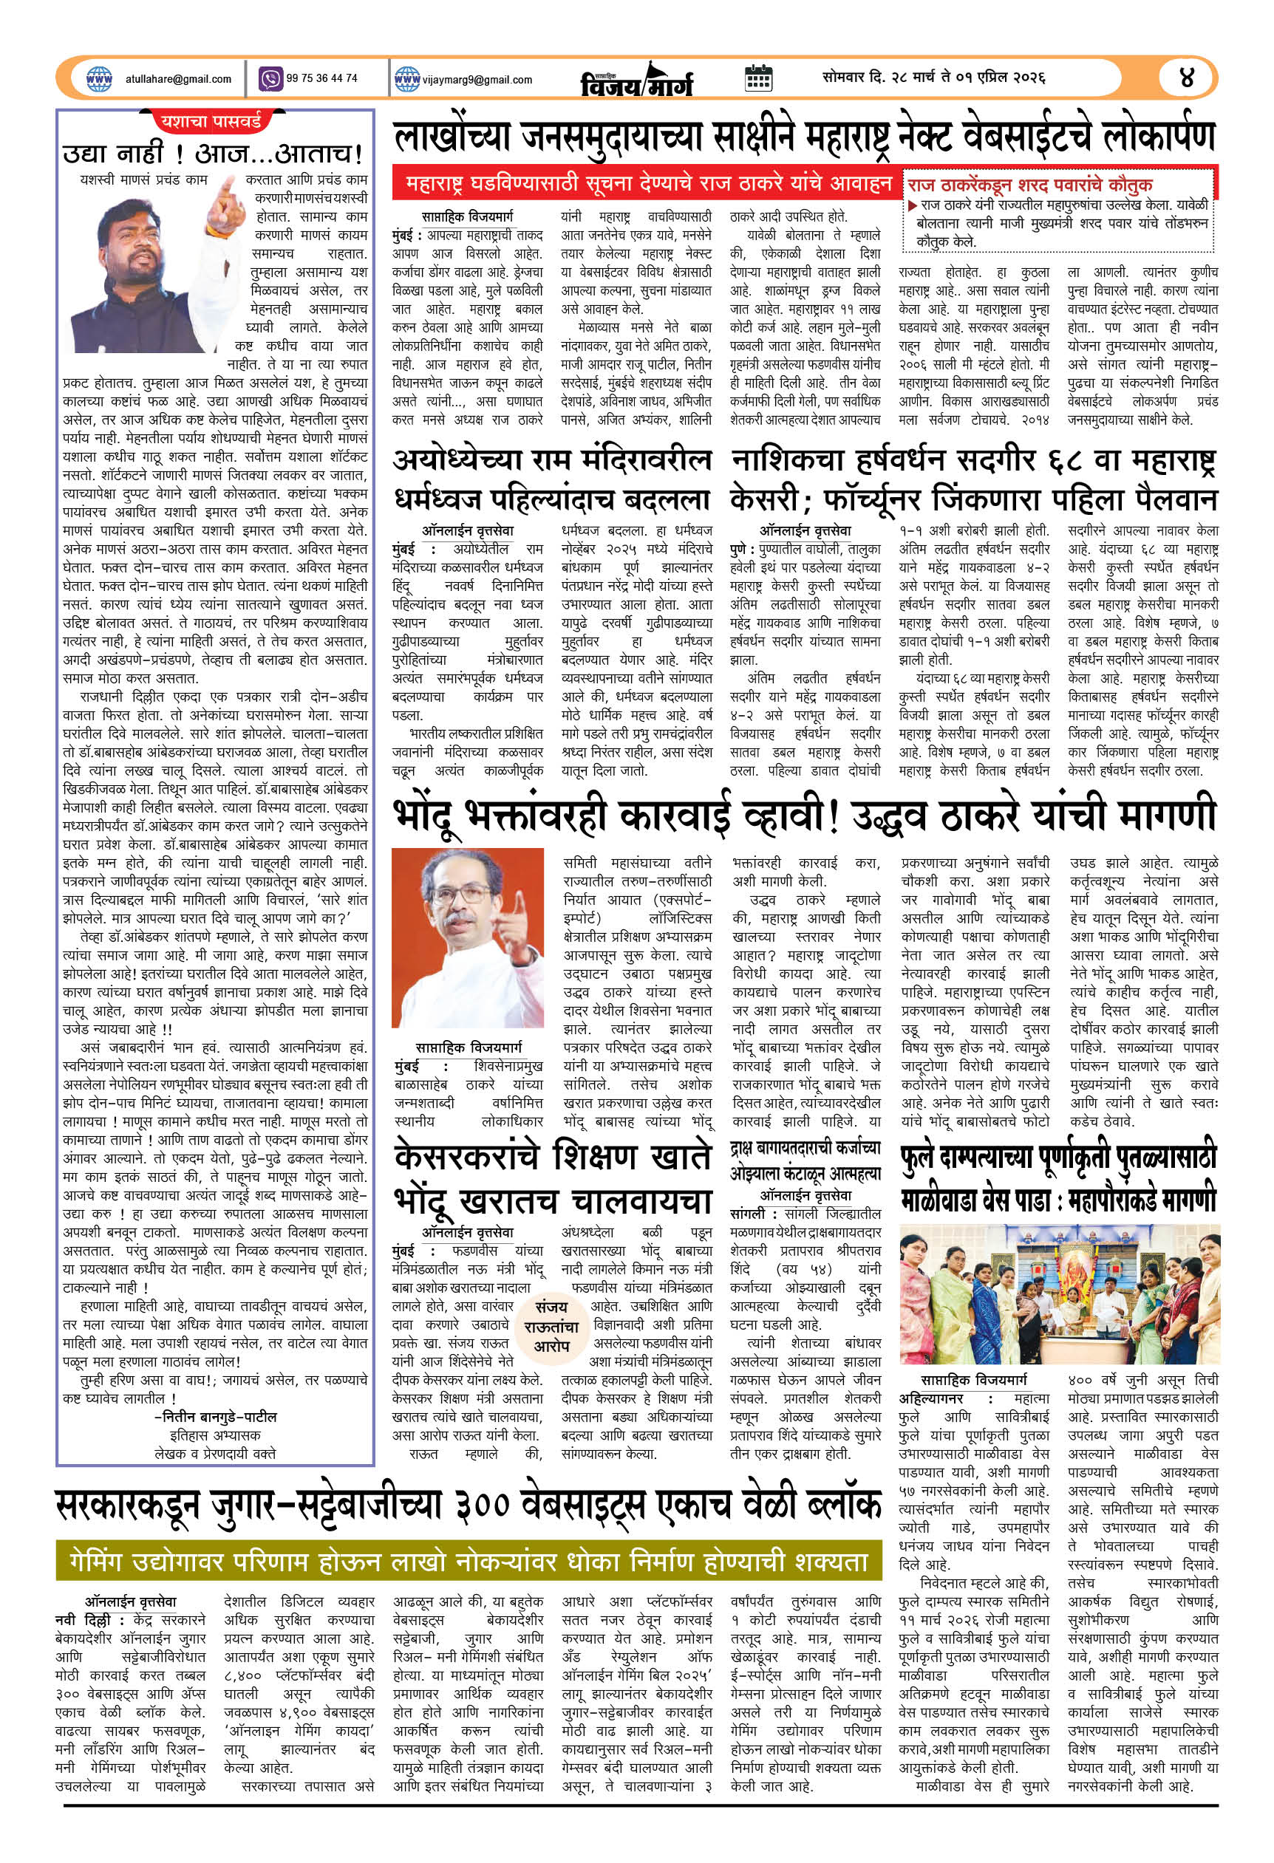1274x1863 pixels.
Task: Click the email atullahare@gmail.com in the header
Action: click(x=178, y=79)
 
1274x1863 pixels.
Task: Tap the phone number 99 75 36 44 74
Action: click(x=321, y=78)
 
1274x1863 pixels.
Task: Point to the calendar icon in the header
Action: click(x=757, y=78)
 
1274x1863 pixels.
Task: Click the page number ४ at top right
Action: click(x=1187, y=78)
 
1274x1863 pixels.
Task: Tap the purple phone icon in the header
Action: click(x=271, y=78)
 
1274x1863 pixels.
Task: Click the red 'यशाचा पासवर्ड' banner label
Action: click(x=211, y=122)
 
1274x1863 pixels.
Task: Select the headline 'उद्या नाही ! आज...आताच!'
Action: click(x=214, y=152)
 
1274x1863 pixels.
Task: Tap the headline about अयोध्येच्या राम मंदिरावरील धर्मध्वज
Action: click(x=551, y=479)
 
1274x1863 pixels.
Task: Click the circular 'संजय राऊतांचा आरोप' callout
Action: click(x=551, y=1326)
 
